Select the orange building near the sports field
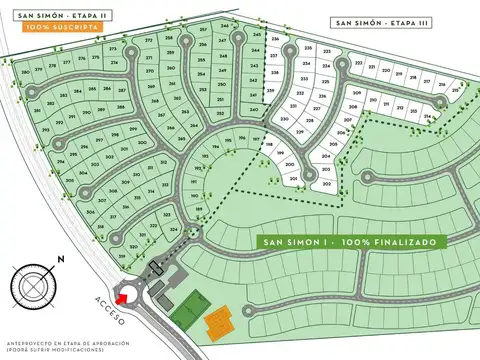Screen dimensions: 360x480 tap(217, 323)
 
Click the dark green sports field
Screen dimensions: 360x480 tap(189, 309)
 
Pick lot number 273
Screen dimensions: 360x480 tap(148, 41)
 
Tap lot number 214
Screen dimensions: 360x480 tap(427, 117)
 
